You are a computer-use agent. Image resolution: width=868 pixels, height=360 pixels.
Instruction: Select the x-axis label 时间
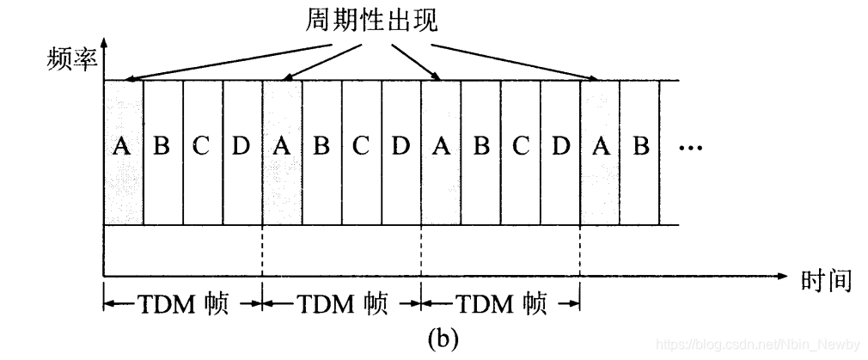coord(825,280)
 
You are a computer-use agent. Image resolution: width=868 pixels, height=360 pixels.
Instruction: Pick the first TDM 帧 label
coord(181,303)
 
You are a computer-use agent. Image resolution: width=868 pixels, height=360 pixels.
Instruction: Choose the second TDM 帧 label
coord(341,303)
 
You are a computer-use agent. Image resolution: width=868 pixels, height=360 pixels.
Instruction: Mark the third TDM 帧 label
coord(500,303)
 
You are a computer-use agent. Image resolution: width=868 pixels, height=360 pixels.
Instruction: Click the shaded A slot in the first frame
coord(123,147)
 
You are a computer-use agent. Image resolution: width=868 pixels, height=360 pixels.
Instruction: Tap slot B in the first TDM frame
coord(162,147)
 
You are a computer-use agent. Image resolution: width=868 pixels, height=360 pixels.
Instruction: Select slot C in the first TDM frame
coord(202,147)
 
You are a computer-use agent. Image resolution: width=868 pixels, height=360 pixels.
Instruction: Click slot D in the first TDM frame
coord(241,147)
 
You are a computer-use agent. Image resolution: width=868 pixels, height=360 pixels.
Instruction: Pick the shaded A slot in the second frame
coord(281,147)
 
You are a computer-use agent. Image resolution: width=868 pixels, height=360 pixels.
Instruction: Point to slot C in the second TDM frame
coord(361,147)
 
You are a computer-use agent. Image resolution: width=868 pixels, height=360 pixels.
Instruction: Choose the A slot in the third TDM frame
coord(441,147)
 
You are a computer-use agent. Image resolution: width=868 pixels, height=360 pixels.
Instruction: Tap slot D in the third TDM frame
coord(560,147)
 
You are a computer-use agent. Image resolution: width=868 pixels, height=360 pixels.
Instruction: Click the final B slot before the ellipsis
coord(640,147)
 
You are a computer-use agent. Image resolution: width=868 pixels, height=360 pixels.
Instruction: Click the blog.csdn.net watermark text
coord(756,344)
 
